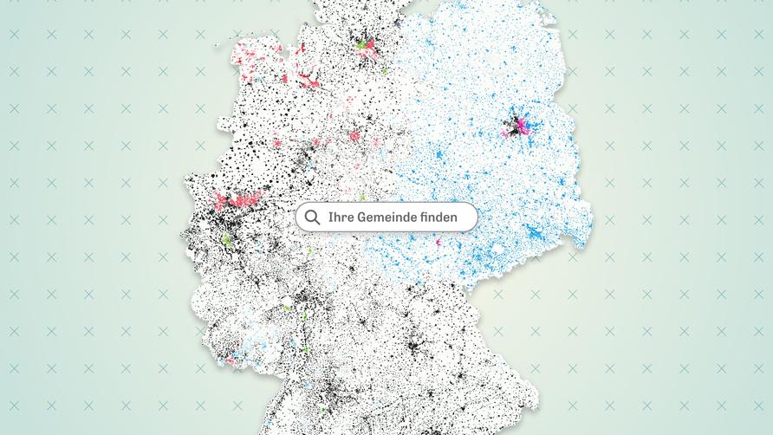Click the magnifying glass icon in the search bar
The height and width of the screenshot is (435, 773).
312,217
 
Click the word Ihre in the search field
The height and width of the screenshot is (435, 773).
341,217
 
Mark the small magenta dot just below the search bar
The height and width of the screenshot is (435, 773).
438,243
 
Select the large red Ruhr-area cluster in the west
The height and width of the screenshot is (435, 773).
235,201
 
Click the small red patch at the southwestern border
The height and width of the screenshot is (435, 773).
231,359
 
